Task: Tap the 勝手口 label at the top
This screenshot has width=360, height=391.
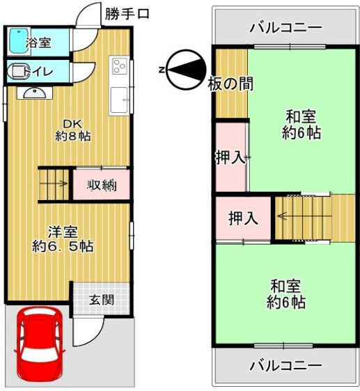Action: click(127, 14)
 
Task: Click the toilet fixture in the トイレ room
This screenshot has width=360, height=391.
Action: click(18, 72)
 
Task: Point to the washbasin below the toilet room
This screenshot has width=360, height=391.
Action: click(35, 93)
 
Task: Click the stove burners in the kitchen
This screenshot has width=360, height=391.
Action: click(120, 66)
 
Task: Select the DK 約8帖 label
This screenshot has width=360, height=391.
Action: click(72, 130)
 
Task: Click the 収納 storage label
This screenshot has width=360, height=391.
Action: click(102, 185)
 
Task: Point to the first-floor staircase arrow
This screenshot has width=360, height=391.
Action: click(54, 184)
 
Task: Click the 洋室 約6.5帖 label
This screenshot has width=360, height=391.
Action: click(63, 239)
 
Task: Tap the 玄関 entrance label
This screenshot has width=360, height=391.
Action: click(102, 300)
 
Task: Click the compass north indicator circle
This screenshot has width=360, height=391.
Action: click(187, 70)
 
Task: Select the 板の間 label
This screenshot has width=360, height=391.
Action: click(230, 84)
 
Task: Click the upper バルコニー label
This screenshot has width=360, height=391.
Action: click(285, 28)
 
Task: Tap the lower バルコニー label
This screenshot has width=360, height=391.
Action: click(285, 366)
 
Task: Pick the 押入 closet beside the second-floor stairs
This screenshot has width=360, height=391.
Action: click(243, 219)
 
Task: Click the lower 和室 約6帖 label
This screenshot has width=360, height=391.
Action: click(286, 294)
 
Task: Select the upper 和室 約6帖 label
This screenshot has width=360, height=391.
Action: click(301, 124)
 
